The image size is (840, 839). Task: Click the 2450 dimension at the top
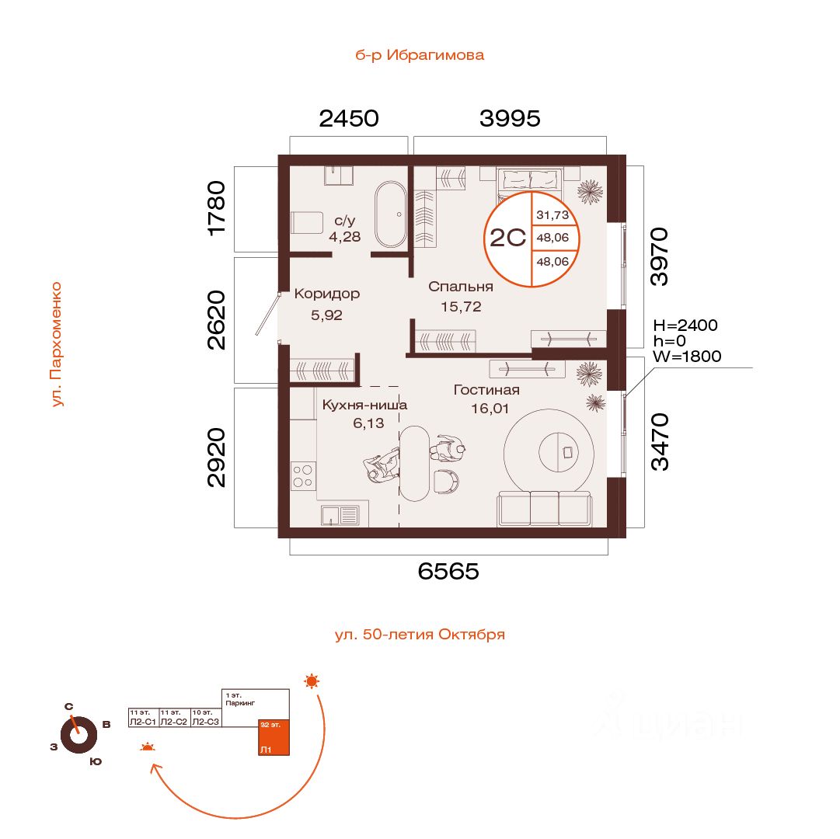coord(349,119)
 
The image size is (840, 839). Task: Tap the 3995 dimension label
coord(510,119)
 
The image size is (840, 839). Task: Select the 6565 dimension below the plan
coord(448,572)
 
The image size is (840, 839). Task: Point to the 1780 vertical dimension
coord(217,207)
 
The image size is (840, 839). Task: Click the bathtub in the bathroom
coord(389,214)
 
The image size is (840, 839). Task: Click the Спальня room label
coord(461,286)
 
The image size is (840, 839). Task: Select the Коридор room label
coord(326,294)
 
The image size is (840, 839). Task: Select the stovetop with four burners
coord(303,475)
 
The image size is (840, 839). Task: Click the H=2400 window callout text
coord(685,326)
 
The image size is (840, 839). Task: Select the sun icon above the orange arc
coord(312,681)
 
